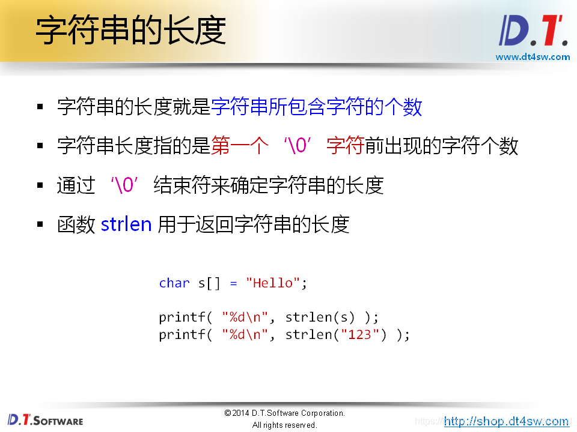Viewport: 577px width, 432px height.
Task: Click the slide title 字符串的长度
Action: click(x=130, y=31)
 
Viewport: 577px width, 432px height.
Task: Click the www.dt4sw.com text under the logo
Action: click(x=532, y=57)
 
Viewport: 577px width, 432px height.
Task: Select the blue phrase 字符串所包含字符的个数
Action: click(x=317, y=107)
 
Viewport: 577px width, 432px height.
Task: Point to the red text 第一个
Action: click(x=240, y=146)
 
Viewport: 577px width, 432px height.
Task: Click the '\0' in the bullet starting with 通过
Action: click(x=124, y=185)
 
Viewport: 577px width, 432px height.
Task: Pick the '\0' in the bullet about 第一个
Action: click(x=297, y=146)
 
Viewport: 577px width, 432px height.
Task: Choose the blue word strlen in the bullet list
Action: click(x=126, y=224)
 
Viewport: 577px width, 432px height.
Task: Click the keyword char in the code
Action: click(x=174, y=283)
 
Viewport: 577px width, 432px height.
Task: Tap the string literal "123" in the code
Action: click(x=359, y=335)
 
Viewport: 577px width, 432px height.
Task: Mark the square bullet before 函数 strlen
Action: click(x=40, y=225)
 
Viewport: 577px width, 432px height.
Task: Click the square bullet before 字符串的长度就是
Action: click(x=40, y=107)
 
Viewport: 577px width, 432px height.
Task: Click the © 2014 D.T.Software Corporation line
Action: click(x=284, y=413)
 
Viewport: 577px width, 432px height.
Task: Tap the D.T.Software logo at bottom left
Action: click(x=46, y=419)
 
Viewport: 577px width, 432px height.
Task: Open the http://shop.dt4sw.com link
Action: click(x=506, y=421)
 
